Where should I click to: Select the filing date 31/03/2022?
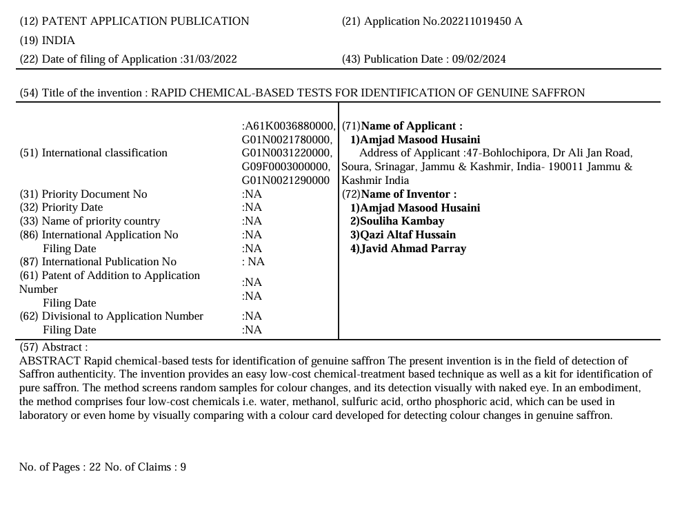click(x=209, y=59)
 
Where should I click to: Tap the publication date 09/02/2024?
click(x=479, y=59)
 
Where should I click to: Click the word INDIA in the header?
click(x=59, y=40)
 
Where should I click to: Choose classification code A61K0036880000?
click(x=289, y=126)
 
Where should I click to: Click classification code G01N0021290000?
click(x=286, y=181)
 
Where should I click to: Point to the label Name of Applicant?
click(x=411, y=126)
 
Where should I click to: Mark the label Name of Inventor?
click(x=408, y=194)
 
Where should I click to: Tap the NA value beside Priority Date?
click(x=252, y=207)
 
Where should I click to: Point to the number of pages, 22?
click(x=94, y=468)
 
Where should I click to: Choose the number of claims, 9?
click(x=183, y=468)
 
